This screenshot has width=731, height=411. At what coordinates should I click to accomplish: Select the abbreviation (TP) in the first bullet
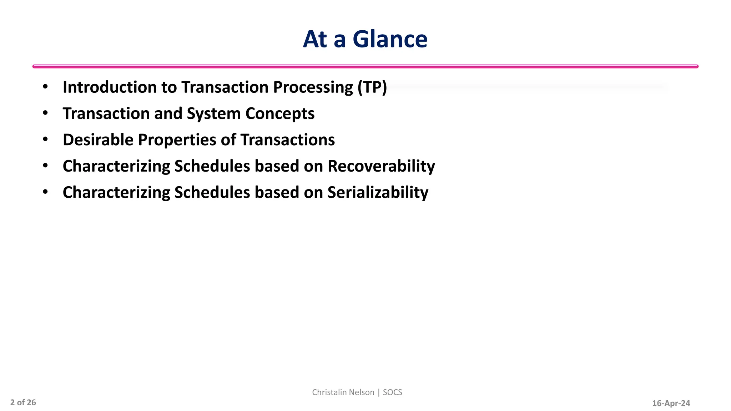[372, 87]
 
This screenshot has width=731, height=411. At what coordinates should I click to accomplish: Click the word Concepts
[280, 113]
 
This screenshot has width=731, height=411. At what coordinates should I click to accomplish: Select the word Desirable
[98, 140]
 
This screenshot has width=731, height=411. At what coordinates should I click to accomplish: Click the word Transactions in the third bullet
[288, 140]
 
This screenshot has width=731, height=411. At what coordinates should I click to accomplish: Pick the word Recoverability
[381, 166]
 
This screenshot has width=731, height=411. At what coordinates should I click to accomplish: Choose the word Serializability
[378, 192]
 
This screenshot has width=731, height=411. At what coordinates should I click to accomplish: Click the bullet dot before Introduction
[45, 87]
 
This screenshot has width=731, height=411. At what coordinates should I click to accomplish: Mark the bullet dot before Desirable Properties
[45, 139]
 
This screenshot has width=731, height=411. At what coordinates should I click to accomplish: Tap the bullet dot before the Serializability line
[45, 192]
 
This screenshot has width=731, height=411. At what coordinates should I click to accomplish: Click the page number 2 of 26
[23, 403]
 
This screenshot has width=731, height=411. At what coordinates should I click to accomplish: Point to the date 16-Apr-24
[671, 404]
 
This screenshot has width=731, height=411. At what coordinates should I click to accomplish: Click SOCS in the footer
[392, 392]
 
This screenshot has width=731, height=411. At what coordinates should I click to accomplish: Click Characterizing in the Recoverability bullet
[116, 166]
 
